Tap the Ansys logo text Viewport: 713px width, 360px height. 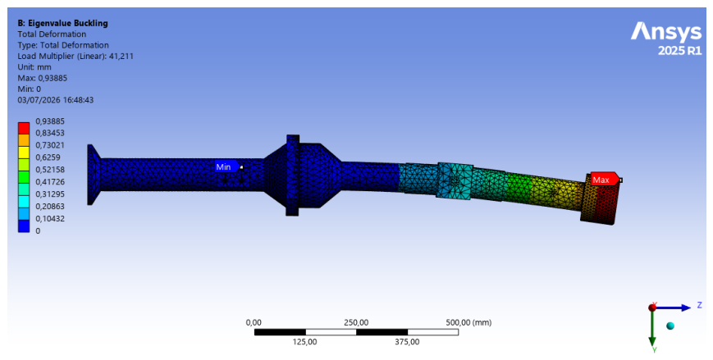(666, 32)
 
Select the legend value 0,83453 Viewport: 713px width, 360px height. (50, 133)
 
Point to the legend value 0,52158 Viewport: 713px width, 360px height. (50, 170)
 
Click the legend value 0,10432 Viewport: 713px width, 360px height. (50, 219)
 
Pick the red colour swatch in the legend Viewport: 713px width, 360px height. (24, 128)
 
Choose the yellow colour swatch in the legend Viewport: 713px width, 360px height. (24, 153)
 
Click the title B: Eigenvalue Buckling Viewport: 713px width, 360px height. (62, 23)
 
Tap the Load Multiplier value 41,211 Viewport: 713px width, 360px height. (121, 57)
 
